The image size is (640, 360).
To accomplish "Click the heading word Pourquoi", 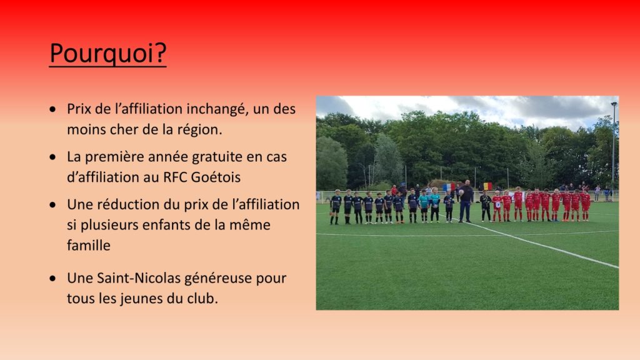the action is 102,53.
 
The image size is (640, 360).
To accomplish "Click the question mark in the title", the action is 161,52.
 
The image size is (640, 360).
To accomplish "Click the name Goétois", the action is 216,177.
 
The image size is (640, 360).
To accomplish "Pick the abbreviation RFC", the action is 175,177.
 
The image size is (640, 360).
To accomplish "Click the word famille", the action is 89,245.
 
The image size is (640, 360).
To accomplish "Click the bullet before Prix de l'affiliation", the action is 52,109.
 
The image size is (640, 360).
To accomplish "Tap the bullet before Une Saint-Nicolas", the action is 52,278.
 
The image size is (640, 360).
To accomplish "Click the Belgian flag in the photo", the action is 487,186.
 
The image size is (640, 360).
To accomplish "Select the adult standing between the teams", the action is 466,201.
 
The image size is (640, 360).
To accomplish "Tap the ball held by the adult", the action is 461,192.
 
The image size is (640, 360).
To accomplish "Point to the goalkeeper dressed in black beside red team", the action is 485,206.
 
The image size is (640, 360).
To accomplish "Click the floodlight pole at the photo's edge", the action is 614,147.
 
